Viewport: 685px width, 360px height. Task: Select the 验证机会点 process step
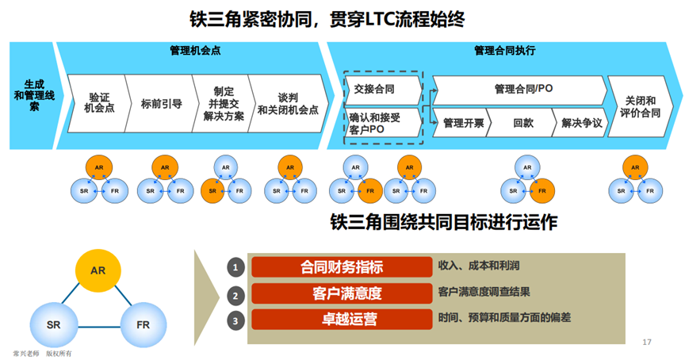click(x=99, y=102)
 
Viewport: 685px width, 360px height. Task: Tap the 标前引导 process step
click(x=161, y=103)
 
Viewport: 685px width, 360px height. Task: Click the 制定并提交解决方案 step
click(x=222, y=102)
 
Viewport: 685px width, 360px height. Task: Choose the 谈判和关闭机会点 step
click(x=287, y=103)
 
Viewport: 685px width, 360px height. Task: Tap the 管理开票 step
click(x=463, y=123)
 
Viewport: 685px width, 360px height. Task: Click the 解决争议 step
click(x=581, y=123)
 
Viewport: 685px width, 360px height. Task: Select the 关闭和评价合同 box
click(x=641, y=106)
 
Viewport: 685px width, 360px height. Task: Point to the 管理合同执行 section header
click(x=504, y=50)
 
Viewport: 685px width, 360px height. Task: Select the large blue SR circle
click(x=53, y=325)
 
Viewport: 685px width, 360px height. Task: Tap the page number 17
click(x=647, y=342)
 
